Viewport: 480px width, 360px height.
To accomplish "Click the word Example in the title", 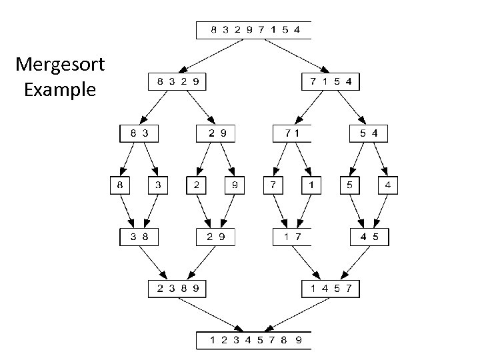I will point(60,89).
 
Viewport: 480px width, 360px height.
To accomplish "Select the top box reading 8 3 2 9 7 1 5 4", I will point(254,30).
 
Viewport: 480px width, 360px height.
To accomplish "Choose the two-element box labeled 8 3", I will point(139,133).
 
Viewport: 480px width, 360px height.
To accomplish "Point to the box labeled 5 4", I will point(369,133).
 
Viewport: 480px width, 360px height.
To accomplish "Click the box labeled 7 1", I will point(292,133).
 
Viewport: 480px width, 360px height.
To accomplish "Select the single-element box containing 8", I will point(121,185).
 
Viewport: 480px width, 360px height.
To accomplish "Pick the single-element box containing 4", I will point(389,185).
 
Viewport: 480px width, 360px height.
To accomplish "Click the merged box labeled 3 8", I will point(139,237).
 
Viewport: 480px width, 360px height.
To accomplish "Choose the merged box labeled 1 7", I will point(292,237).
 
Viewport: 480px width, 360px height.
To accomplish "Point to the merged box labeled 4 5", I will point(369,237).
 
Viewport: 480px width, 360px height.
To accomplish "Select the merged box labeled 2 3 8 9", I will point(177,289).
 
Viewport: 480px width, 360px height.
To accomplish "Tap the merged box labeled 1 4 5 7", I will point(331,289).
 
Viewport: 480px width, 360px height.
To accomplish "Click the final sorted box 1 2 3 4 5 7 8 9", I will point(254,340).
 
